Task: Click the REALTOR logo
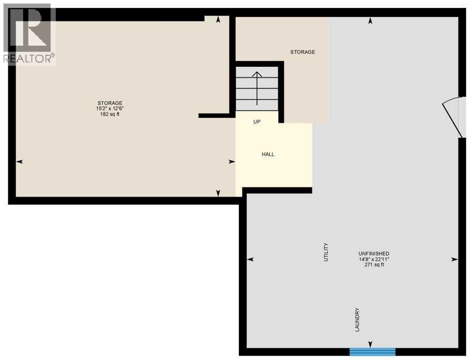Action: [29, 34]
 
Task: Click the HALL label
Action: [268, 155]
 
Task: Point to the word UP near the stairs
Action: [257, 122]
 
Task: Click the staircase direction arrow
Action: [257, 87]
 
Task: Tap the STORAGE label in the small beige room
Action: [303, 52]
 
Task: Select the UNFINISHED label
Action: [374, 253]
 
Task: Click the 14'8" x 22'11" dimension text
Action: [374, 259]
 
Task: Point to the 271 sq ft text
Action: [374, 265]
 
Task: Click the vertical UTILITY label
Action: [326, 252]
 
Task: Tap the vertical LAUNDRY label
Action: [358, 319]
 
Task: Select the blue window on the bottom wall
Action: [372, 352]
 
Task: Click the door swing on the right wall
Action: [453, 117]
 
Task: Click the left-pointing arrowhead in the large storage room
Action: [20, 162]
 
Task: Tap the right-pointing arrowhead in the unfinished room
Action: [454, 260]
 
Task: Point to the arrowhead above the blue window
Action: [370, 344]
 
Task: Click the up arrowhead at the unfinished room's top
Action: [370, 21]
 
